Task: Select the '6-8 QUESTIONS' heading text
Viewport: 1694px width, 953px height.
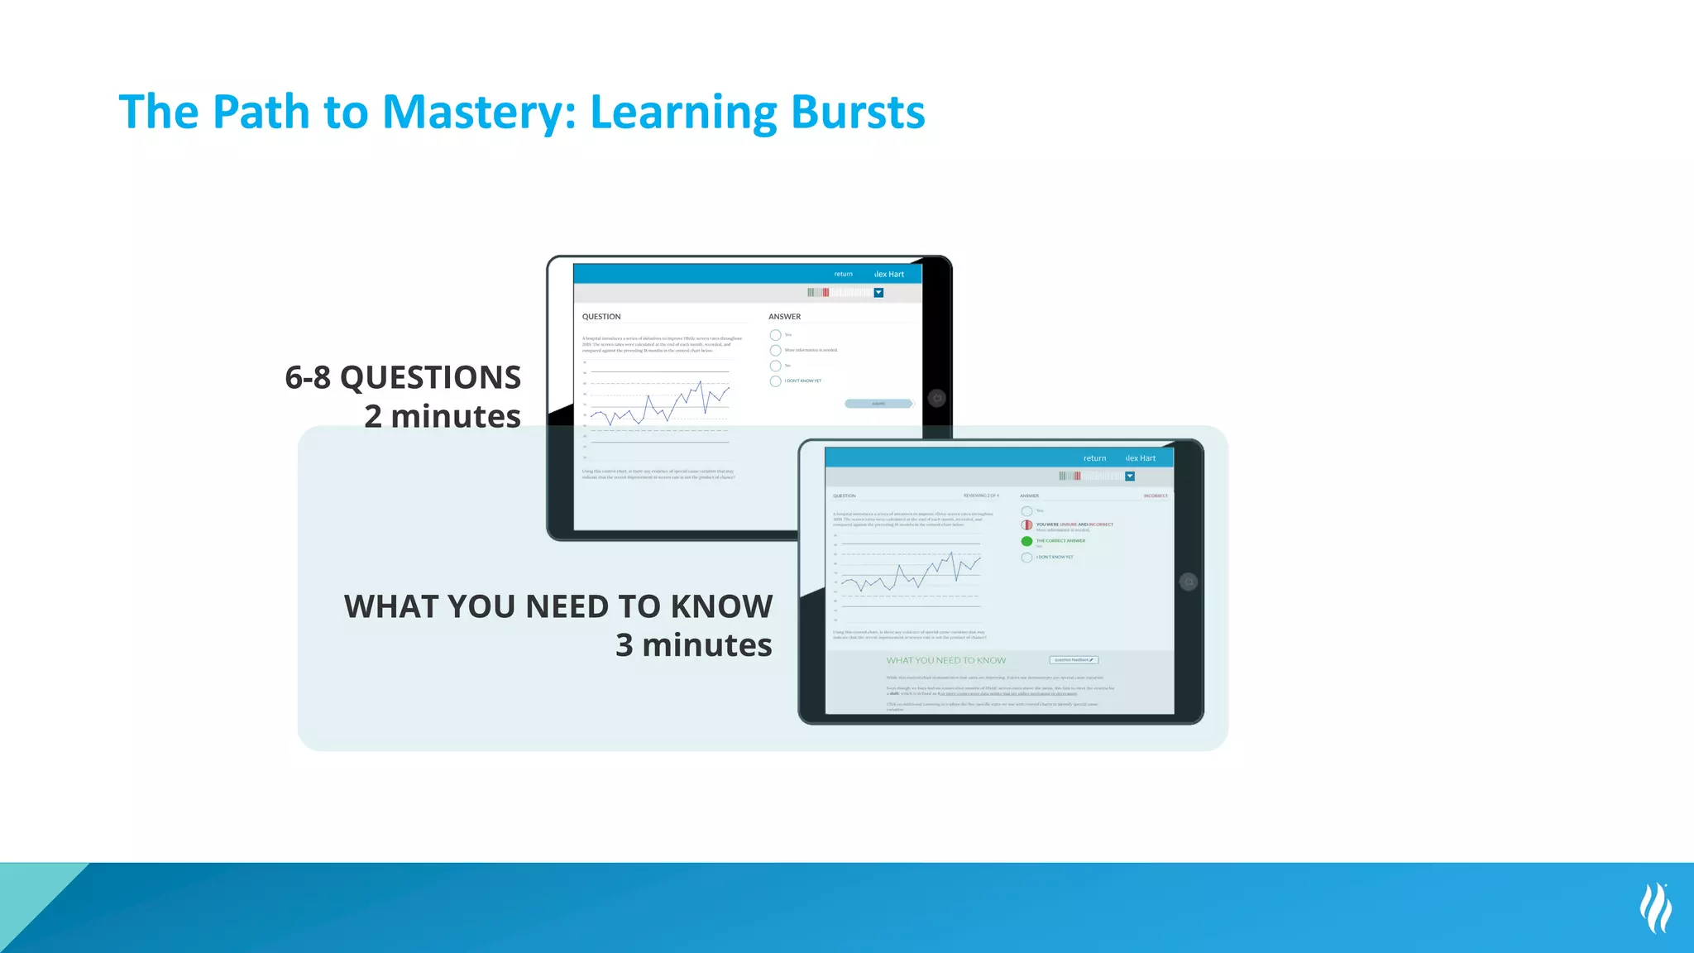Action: [x=403, y=377]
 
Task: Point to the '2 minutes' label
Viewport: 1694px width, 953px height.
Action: [x=443, y=416]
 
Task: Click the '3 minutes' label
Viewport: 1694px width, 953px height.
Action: [x=693, y=644]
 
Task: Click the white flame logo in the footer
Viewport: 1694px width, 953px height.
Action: [x=1655, y=908]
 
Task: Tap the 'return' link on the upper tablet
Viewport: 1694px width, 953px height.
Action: [x=843, y=274]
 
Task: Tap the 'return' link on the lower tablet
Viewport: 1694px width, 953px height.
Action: [x=1094, y=458]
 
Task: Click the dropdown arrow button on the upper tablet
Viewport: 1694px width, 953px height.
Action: [x=878, y=293]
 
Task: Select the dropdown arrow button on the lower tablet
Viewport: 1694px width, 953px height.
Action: [x=1130, y=476]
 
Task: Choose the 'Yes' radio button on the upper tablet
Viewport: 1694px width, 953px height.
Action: [x=775, y=335]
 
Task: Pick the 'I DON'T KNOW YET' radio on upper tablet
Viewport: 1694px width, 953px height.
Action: [x=775, y=381]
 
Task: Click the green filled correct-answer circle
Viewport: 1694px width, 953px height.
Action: [x=1026, y=541]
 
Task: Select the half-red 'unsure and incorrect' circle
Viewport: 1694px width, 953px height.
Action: [x=1026, y=525]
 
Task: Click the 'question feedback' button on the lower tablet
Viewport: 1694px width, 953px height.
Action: [x=1074, y=660]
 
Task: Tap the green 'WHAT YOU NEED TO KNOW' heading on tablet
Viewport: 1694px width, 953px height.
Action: [x=946, y=660]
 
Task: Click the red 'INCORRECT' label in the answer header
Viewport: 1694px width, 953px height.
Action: [x=1156, y=496]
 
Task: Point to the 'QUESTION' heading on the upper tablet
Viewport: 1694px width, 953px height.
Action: [x=601, y=317]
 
